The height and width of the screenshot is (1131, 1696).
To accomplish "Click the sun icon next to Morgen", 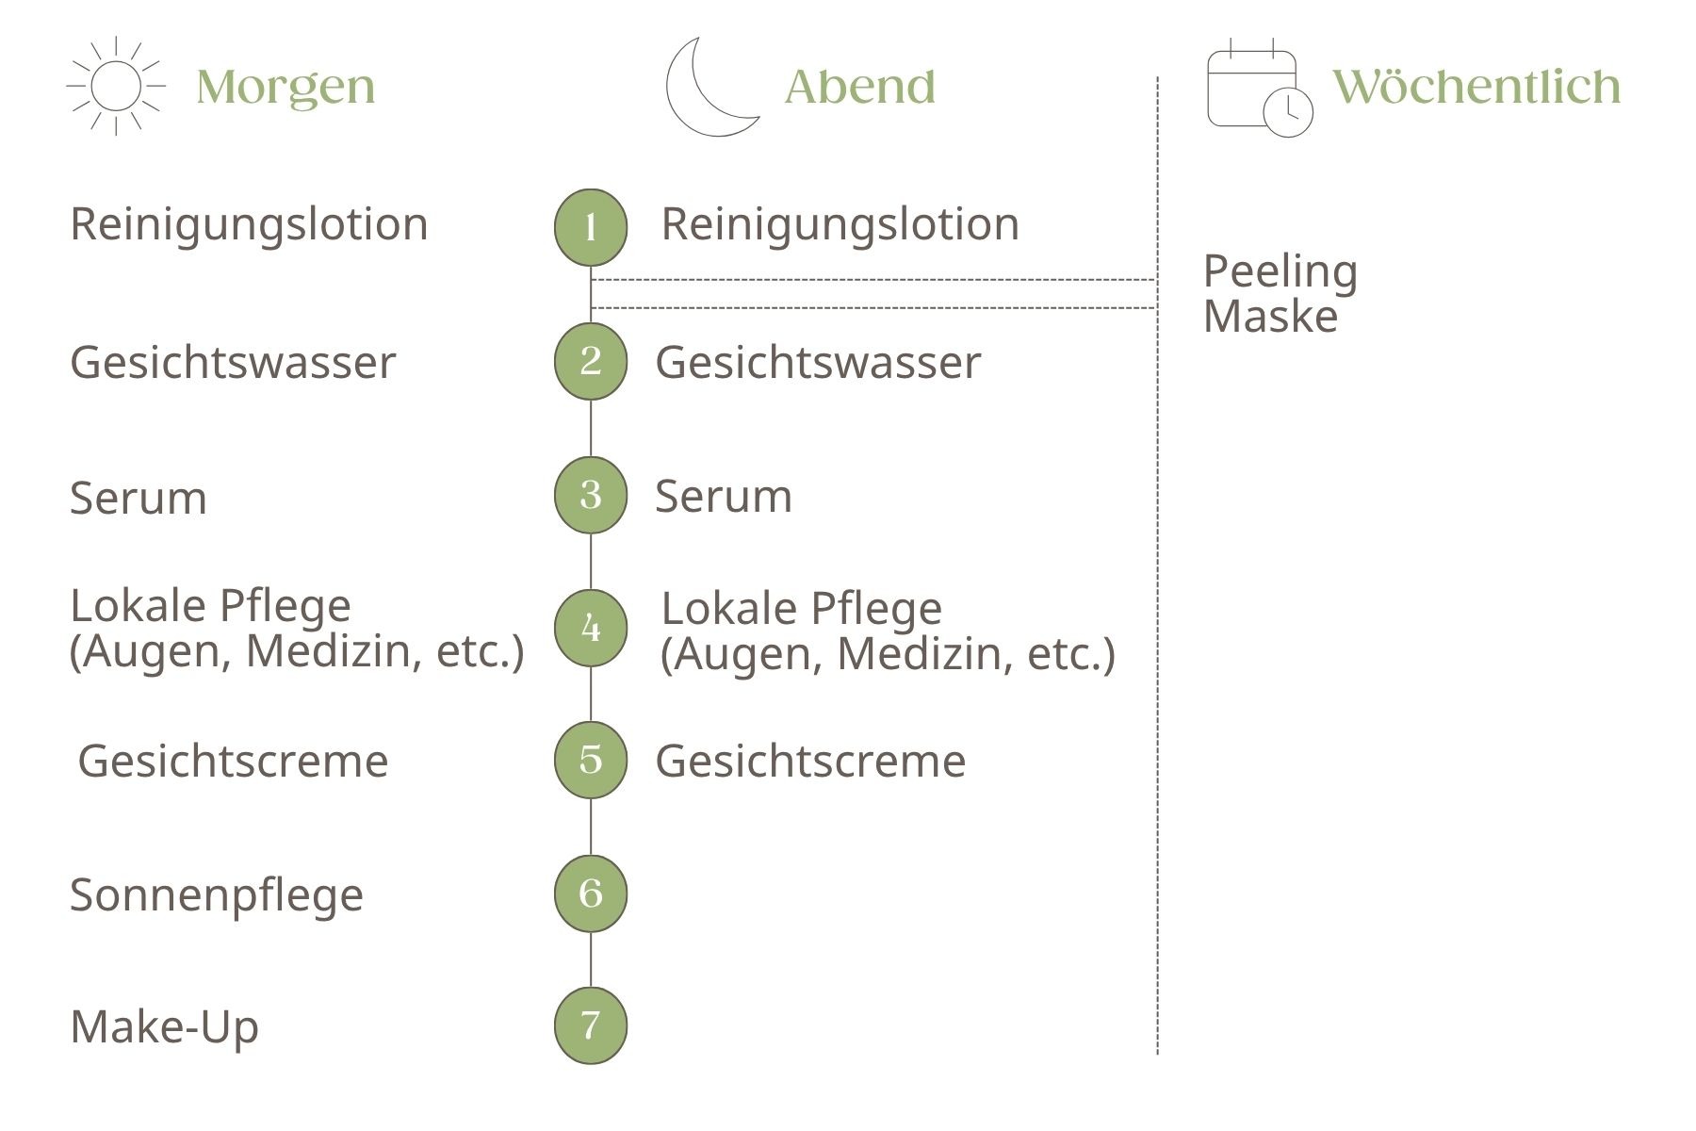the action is click(116, 86).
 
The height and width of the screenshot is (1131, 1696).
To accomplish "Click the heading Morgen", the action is click(285, 89).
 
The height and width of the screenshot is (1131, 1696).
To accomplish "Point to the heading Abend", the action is click(860, 87).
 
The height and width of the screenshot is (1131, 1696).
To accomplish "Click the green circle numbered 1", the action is click(591, 227).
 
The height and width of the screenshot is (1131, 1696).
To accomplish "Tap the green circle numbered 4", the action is click(591, 628).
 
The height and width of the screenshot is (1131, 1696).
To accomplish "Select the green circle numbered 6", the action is click(591, 893).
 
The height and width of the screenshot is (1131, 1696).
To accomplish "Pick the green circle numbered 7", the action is click(591, 1025).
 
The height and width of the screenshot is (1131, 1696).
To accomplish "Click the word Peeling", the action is click(1280, 273).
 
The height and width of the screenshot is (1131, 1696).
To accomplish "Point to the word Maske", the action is click(1270, 316).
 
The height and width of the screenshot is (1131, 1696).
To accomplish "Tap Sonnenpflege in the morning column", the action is click(217, 896).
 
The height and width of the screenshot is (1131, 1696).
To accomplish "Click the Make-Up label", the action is click(165, 1027).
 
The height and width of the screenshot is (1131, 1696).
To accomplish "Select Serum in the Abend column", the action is click(724, 496).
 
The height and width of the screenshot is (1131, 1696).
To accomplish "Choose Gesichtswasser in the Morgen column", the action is click(233, 363).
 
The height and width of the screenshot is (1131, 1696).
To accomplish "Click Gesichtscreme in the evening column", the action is click(810, 761).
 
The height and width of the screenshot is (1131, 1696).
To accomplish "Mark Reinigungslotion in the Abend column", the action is click(840, 225).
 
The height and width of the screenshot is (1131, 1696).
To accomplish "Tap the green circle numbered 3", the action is click(591, 495).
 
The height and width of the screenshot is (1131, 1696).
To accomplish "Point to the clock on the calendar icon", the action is click(1287, 112).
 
